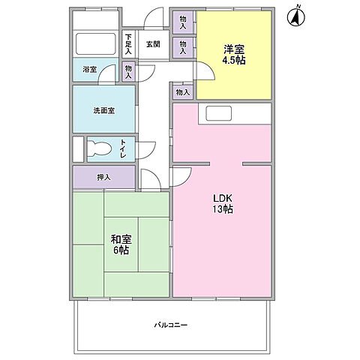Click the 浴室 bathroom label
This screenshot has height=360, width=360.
[89, 70]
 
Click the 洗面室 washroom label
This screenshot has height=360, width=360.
[103, 110]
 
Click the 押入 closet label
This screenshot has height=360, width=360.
[103, 178]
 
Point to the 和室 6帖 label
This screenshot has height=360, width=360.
[119, 244]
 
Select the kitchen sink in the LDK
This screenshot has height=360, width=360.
[219, 114]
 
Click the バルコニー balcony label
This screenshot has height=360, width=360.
[171, 325]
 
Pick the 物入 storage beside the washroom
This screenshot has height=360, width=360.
[128, 71]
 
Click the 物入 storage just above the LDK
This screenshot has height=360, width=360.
[182, 91]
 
